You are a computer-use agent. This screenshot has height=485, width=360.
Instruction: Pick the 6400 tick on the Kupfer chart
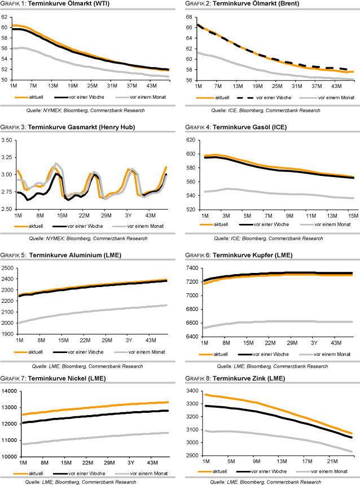coord(191,337)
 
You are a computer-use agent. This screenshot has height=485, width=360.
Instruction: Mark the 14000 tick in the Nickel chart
coord(8,391)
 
